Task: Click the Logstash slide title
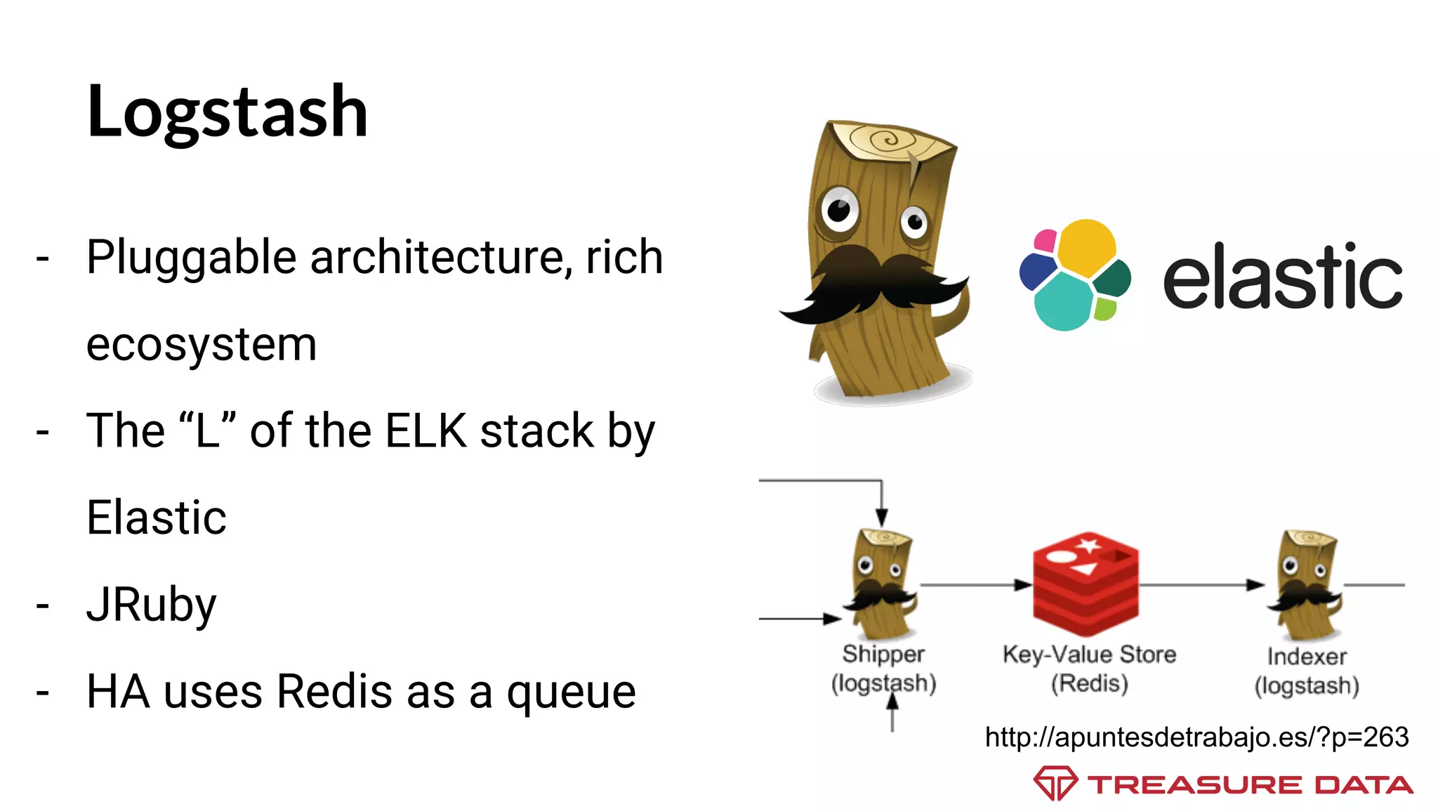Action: point(227,112)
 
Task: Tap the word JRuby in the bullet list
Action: point(151,605)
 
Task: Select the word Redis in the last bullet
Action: point(334,692)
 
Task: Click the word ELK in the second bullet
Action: point(426,430)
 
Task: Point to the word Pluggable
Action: point(191,258)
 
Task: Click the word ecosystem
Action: point(202,344)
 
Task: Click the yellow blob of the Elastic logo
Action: point(1086,246)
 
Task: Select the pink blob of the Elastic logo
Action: point(1045,241)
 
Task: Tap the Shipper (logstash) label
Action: point(883,668)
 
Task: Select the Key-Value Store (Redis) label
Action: point(1089,668)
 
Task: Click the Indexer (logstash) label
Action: point(1307,670)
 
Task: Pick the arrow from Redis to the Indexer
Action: point(1201,584)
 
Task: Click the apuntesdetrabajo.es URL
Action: point(1196,737)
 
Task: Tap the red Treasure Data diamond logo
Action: point(1055,783)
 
